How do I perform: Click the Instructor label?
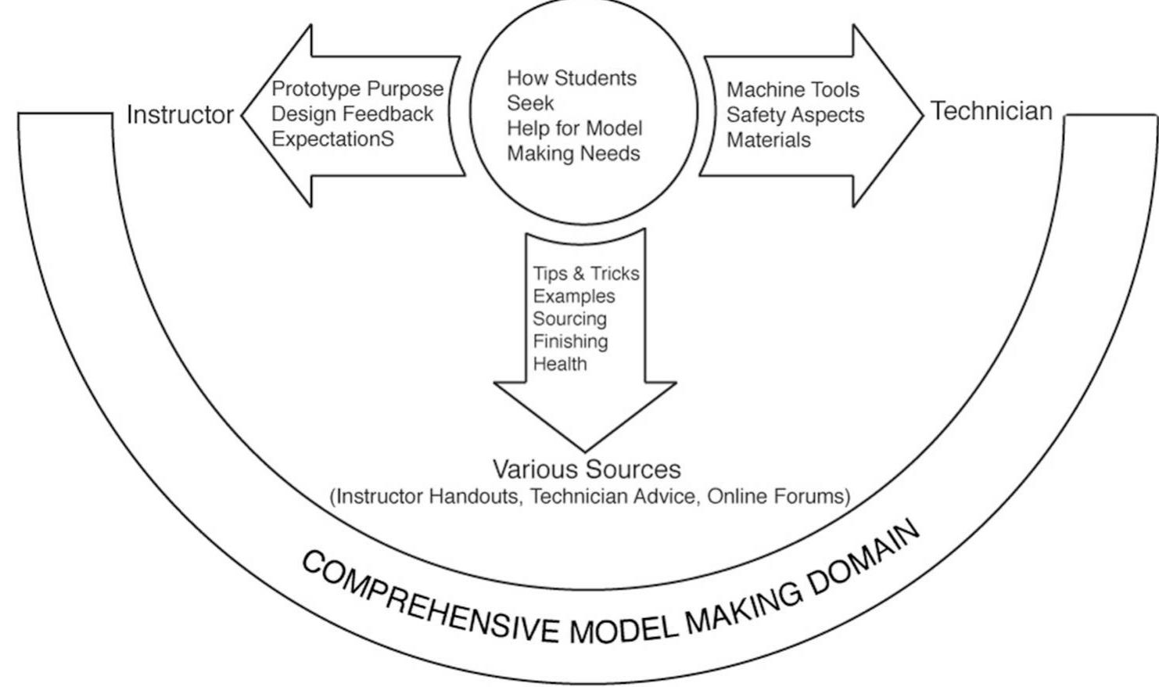[x=180, y=115]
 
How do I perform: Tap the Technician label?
[x=991, y=111]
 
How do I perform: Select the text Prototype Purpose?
[x=357, y=89]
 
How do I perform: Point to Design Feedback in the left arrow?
[x=352, y=114]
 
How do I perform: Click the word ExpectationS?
[x=332, y=139]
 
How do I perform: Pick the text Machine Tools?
[x=793, y=90]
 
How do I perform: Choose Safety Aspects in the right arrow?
[x=795, y=115]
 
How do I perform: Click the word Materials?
[x=769, y=140]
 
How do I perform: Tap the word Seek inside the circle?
[x=530, y=103]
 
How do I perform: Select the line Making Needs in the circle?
[x=573, y=153]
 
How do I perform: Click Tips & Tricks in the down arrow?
[x=586, y=274]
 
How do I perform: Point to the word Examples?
[x=574, y=297]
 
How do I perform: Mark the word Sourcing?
[x=569, y=319]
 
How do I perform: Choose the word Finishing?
[x=570, y=342]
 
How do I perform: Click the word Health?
[x=560, y=364]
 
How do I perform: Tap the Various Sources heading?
[x=587, y=469]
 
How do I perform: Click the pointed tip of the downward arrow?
[x=585, y=449]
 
